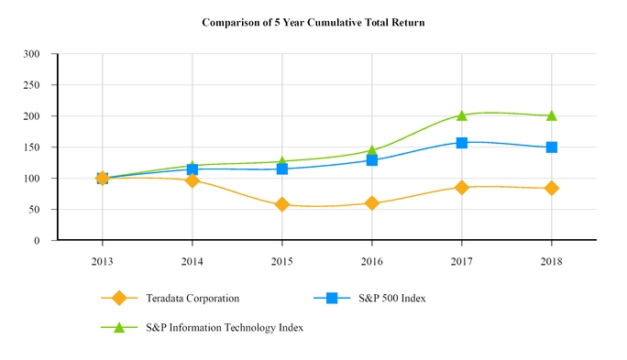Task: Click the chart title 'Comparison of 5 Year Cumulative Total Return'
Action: [x=313, y=20]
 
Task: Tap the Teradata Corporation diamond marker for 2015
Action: [x=282, y=204]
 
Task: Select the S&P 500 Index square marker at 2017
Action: [x=462, y=143]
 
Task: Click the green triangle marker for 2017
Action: [x=462, y=115]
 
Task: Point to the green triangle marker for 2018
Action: [x=552, y=115]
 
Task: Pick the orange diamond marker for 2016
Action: [x=372, y=203]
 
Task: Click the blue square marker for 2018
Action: [x=552, y=147]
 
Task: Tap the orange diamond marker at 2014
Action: [x=192, y=180]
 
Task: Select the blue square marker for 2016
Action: [x=372, y=160]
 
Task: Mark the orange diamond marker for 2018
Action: [x=552, y=188]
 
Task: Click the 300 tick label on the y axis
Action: [x=31, y=54]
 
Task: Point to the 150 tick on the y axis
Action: [x=31, y=147]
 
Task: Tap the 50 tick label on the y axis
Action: [x=34, y=210]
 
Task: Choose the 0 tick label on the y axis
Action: [x=37, y=241]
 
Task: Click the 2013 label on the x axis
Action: [x=103, y=261]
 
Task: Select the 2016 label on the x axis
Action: [x=372, y=261]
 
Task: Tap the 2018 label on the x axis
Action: [x=552, y=261]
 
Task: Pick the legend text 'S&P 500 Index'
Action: [x=391, y=298]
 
